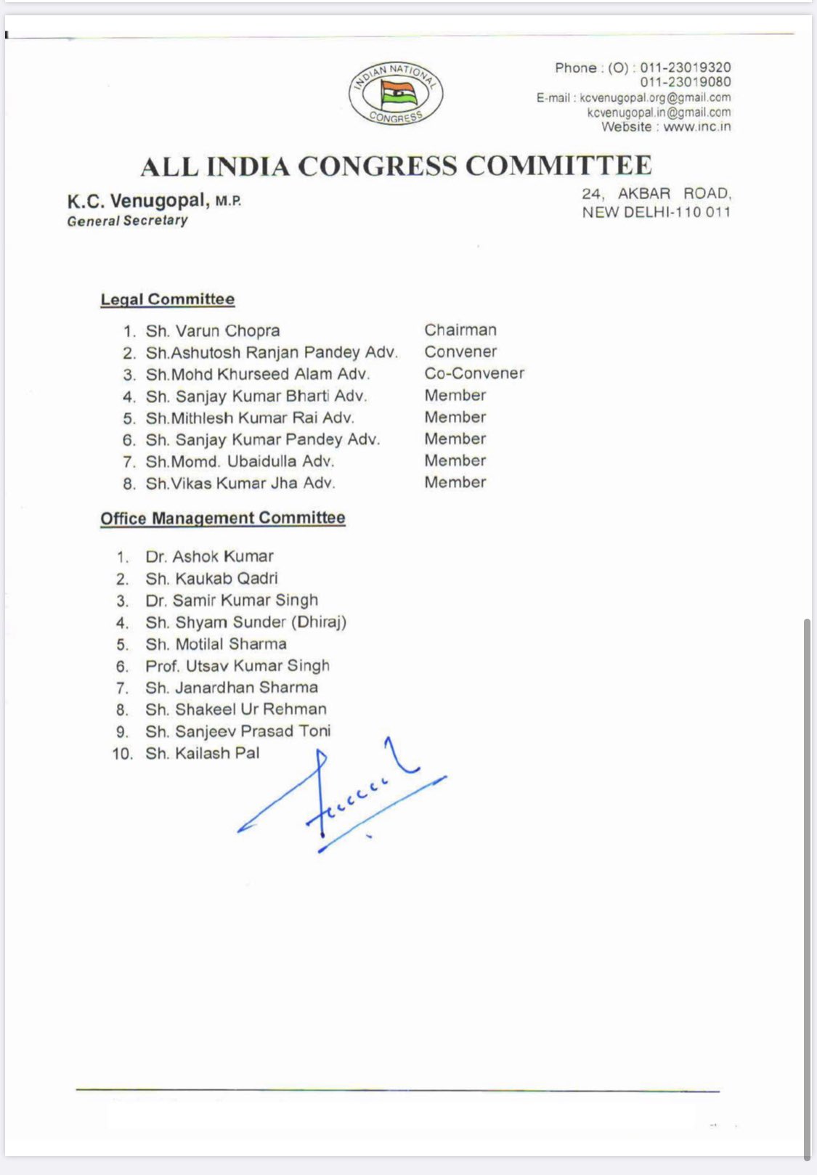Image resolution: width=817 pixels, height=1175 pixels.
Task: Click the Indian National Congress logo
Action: (395, 93)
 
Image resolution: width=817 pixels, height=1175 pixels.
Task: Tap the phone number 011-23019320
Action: (685, 68)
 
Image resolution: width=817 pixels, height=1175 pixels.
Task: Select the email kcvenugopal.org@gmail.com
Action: (655, 97)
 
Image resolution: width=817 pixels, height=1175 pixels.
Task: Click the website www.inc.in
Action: (696, 126)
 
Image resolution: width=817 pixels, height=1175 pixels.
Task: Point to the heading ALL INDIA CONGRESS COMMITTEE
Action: (396, 166)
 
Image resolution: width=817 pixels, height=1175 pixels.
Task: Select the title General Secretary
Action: (127, 221)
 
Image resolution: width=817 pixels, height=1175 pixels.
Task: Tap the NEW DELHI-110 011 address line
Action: (656, 212)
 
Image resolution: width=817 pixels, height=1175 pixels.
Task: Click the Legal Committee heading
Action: (168, 299)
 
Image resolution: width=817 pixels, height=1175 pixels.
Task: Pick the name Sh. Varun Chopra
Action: (212, 331)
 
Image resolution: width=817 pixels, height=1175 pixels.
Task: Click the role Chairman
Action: (460, 330)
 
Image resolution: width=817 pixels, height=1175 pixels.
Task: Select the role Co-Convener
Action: (474, 373)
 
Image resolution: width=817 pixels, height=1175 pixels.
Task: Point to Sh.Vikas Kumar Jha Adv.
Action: (240, 484)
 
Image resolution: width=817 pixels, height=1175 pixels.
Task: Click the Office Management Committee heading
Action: (223, 518)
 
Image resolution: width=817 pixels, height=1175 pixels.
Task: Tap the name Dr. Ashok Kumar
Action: (209, 557)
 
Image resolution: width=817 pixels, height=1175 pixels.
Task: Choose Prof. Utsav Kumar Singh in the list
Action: (237, 666)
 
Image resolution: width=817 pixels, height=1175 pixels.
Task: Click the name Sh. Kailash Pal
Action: (202, 753)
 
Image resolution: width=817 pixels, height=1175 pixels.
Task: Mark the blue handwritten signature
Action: (341, 799)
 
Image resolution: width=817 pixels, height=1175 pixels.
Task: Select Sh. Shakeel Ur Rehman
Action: (235, 710)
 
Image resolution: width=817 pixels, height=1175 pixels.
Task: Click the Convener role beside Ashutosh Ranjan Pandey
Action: (460, 351)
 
